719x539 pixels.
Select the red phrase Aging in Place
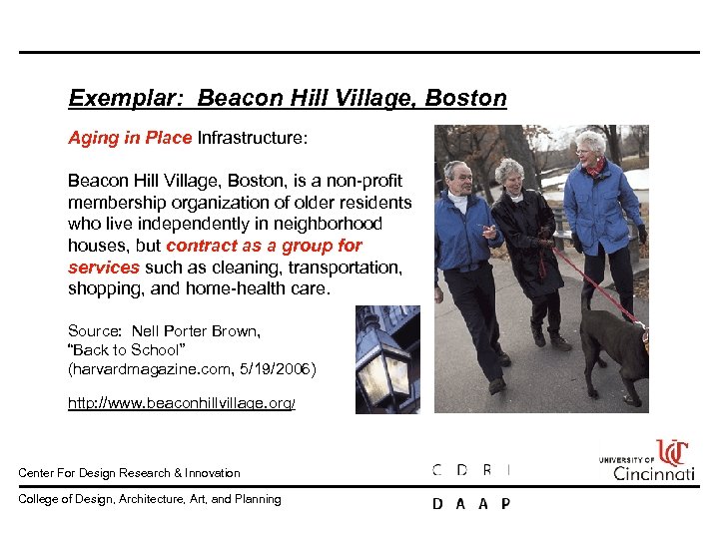(130, 139)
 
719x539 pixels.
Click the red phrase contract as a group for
(264, 246)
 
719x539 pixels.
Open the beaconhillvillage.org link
(182, 402)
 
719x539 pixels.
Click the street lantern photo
(387, 359)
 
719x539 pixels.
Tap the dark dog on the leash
(612, 344)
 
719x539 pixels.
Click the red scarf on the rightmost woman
(595, 167)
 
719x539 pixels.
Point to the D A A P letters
(470, 504)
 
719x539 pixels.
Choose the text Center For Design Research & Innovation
(130, 473)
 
